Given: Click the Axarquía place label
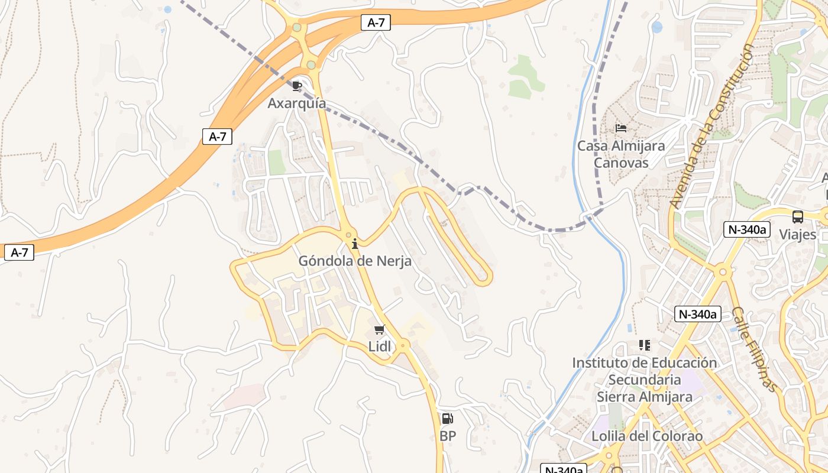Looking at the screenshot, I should point(297,103).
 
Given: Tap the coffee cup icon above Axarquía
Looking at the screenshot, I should point(297,86).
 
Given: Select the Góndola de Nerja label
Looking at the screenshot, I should point(355,261).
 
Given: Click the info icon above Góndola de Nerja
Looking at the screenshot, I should point(355,244).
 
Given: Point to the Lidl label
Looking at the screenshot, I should point(380,346).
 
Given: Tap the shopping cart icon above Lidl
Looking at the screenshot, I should point(380,330).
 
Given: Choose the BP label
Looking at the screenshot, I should point(448,436).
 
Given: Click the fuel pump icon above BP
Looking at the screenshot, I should point(448,419).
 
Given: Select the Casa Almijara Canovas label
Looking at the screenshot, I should point(621,154).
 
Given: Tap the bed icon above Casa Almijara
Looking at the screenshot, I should point(621,128).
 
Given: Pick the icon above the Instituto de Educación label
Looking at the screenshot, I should point(645,345).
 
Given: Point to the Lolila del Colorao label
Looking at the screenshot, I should point(647,436).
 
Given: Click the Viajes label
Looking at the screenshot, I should point(798,234).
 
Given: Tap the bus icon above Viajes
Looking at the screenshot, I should point(798,216).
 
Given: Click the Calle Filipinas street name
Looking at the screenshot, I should point(754,349).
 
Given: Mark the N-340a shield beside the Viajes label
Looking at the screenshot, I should point(747,229).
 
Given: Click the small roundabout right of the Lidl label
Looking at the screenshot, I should point(403,344).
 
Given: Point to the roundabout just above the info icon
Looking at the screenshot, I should point(350,235).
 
